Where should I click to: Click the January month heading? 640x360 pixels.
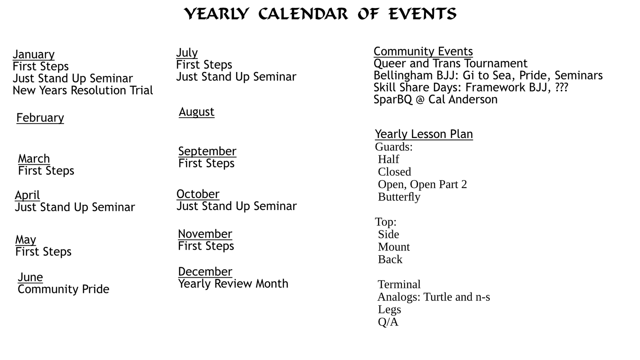34,54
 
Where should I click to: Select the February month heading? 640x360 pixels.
40,118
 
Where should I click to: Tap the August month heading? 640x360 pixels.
196,112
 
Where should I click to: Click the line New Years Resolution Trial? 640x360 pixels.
83,90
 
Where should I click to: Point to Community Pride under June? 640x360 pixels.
63,289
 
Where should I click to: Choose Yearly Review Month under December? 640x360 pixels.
233,284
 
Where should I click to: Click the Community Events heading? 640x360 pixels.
423,52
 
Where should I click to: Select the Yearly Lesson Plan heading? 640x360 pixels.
424,134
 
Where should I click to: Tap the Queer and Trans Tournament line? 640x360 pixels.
450,64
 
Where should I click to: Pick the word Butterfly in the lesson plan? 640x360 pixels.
399,197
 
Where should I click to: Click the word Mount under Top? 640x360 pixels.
394,247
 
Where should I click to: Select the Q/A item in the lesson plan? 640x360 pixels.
388,322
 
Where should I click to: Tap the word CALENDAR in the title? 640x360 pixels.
303,14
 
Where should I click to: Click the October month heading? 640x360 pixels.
198,194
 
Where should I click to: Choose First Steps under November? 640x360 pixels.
206,246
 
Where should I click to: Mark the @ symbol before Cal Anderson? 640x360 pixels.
420,100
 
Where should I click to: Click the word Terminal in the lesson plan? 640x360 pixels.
399,284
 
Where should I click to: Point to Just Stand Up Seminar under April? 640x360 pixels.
75,207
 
